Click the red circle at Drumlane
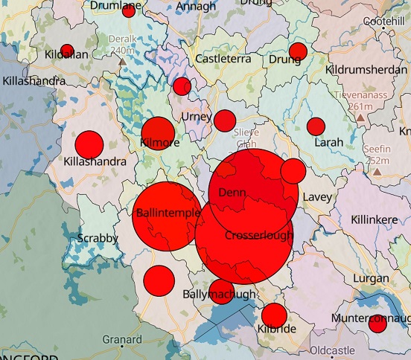[x=129, y=11]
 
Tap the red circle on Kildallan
[x=67, y=51]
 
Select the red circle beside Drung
[x=298, y=51]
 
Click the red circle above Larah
[x=316, y=126]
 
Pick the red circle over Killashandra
[x=89, y=144]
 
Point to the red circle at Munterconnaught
[x=377, y=324]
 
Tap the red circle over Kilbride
[x=273, y=315]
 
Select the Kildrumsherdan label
[x=367, y=69]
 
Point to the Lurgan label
[x=373, y=277]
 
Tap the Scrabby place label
[x=98, y=238]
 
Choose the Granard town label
[x=122, y=340]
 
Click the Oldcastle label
[x=332, y=350]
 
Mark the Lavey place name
[x=316, y=197]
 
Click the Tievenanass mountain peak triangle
[x=360, y=118]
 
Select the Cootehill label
[x=385, y=22]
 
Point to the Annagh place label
[x=197, y=7]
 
